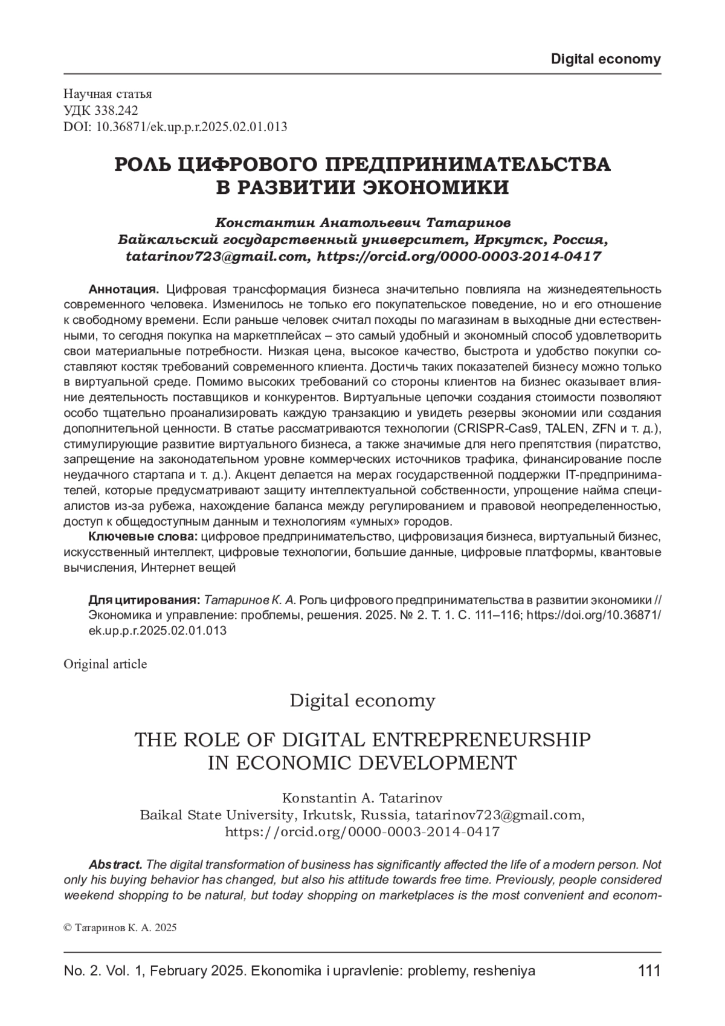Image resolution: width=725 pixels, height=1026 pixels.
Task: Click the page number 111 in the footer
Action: click(x=649, y=971)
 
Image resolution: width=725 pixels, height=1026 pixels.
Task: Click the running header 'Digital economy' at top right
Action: click(x=606, y=59)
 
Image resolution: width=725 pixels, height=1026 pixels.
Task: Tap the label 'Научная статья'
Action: click(x=108, y=94)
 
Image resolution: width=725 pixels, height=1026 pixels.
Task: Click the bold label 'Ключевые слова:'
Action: click(x=143, y=536)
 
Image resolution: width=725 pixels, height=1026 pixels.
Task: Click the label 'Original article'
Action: click(x=105, y=664)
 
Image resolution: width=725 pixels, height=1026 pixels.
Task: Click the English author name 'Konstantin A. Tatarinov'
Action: click(x=362, y=798)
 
